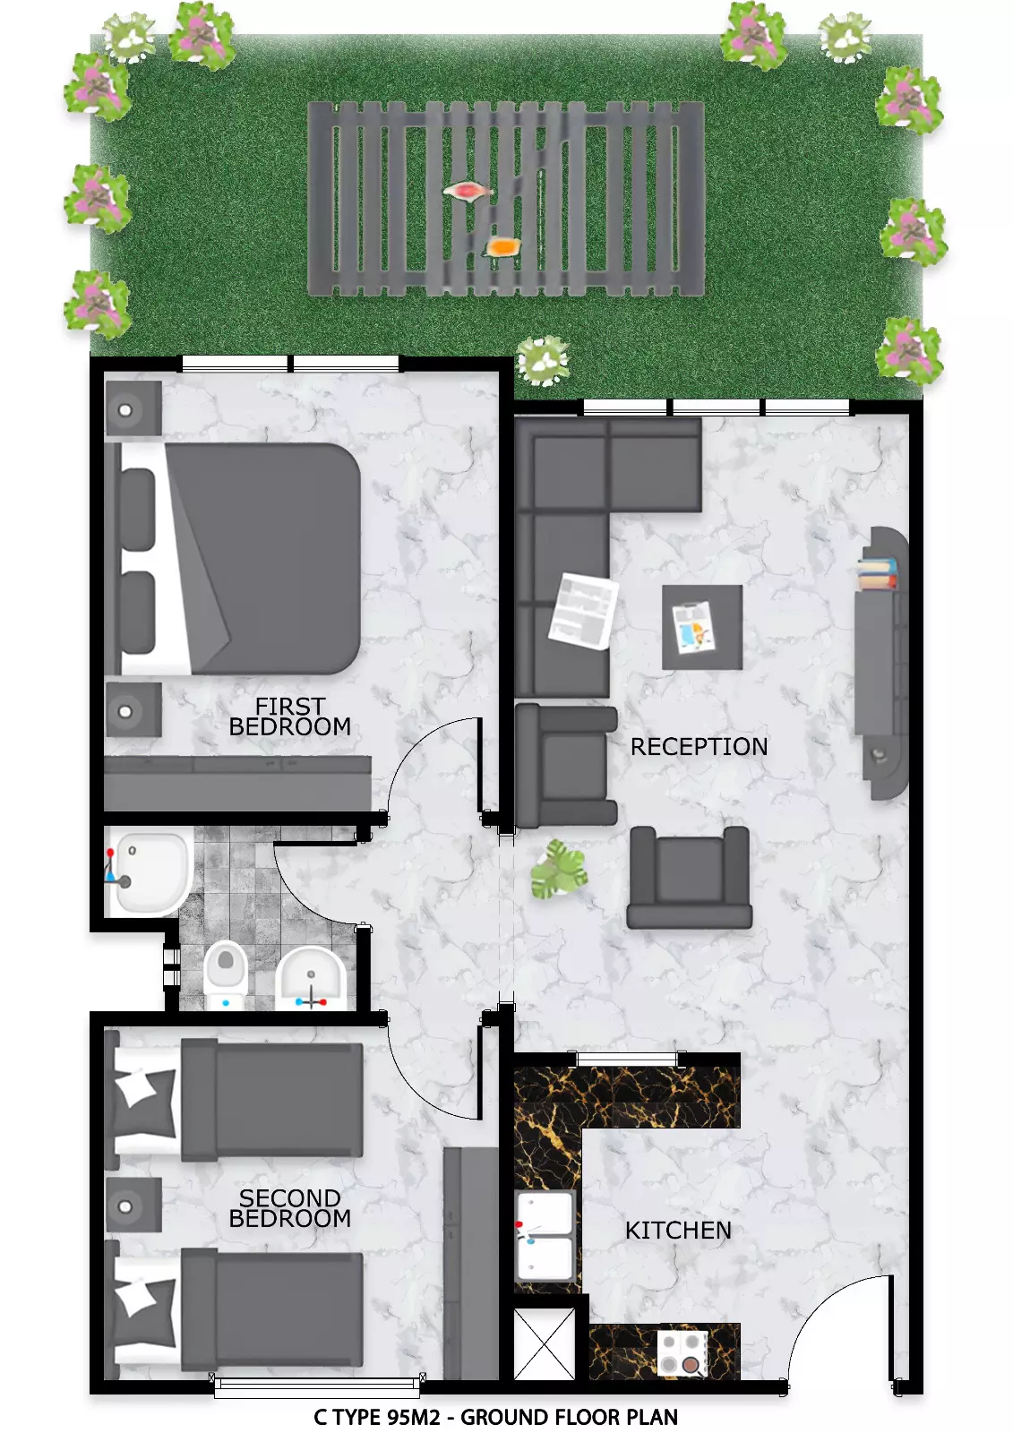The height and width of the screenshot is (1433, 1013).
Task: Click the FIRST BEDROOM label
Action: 290,716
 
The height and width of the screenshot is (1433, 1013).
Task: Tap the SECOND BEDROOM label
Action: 290,1208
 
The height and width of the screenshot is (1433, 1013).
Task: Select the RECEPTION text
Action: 699,747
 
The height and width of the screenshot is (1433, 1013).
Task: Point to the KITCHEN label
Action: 678,1231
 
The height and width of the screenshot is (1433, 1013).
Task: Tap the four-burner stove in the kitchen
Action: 682,1353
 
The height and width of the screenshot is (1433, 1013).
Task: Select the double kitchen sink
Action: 545,1236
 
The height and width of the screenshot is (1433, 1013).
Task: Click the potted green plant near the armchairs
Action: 559,870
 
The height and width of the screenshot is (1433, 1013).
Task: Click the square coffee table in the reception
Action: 702,627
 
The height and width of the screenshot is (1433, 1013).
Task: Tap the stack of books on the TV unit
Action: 877,573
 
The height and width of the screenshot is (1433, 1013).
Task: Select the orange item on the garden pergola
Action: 502,247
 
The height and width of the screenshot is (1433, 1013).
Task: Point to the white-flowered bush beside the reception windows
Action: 543,361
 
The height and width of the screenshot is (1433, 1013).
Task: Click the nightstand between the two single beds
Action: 133,1206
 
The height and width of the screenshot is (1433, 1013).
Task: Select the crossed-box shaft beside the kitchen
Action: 544,1343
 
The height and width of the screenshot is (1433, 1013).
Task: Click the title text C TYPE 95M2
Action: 376,1417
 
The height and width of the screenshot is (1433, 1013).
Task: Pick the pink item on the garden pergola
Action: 468,191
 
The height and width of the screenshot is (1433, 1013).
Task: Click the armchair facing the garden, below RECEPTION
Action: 689,878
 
